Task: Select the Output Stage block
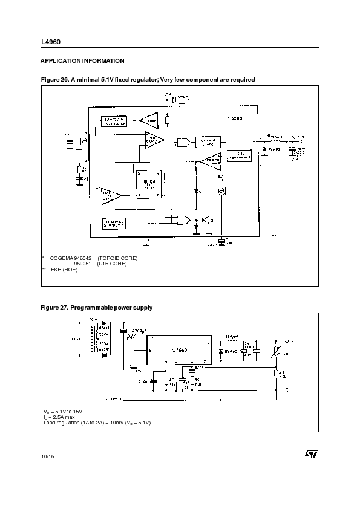208,142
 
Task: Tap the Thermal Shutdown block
115,224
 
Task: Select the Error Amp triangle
210,162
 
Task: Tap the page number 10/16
48,455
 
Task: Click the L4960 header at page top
50,42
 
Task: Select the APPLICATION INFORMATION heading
82,61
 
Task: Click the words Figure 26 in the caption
55,80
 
